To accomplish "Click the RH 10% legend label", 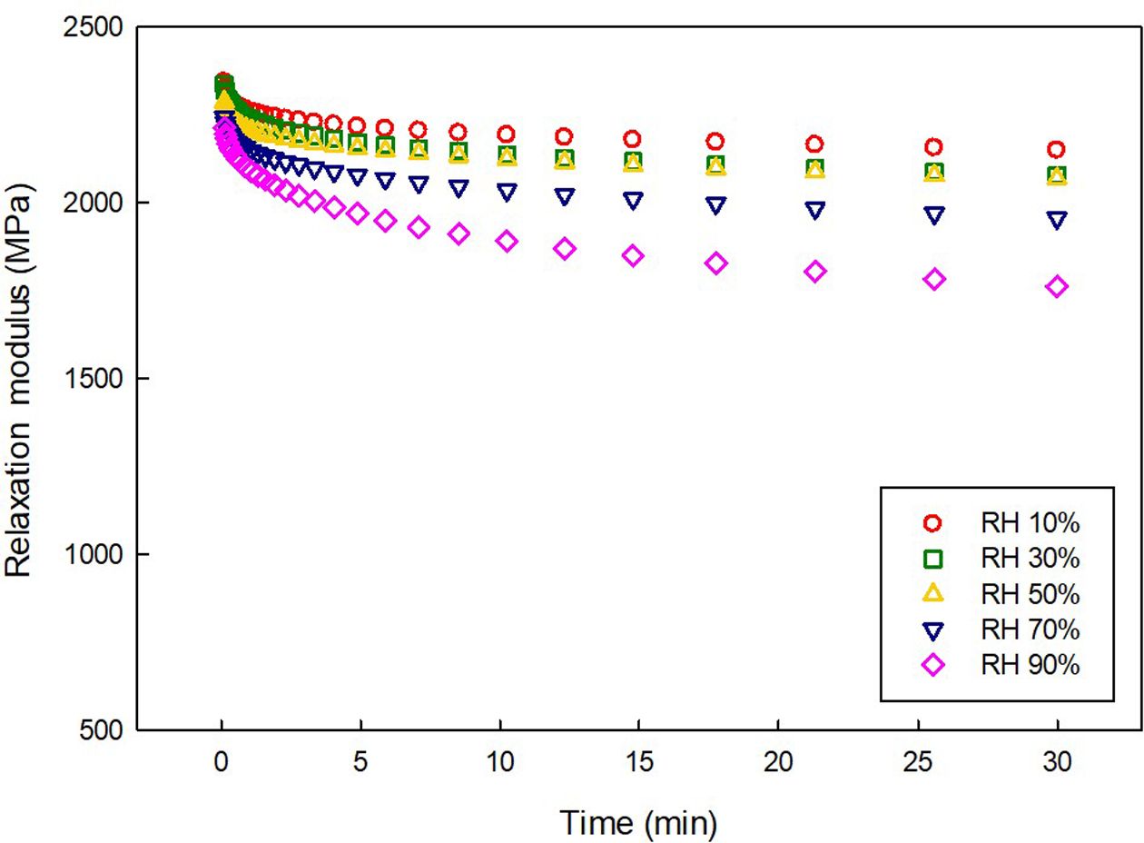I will pos(1030,523).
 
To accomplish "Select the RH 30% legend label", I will pos(1030,559).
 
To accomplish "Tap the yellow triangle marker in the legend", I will pos(933,594).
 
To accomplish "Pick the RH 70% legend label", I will pos(1030,630).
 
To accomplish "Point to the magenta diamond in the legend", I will pos(933,665).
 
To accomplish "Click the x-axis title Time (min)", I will pos(639,823).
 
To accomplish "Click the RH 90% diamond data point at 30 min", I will pos(1057,287).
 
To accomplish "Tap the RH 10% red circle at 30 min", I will pos(1057,150).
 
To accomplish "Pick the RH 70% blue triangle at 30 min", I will pos(1057,220).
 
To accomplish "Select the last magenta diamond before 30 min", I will pos(934,279).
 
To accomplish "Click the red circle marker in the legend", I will pos(933,523).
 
